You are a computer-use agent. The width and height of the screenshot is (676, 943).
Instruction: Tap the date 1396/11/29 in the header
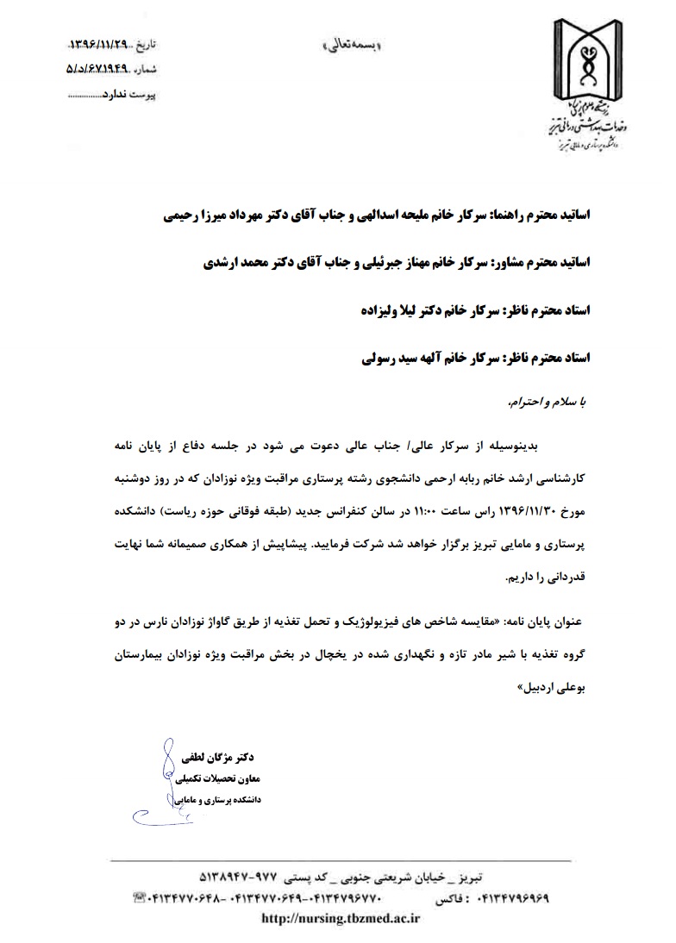(102, 42)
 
